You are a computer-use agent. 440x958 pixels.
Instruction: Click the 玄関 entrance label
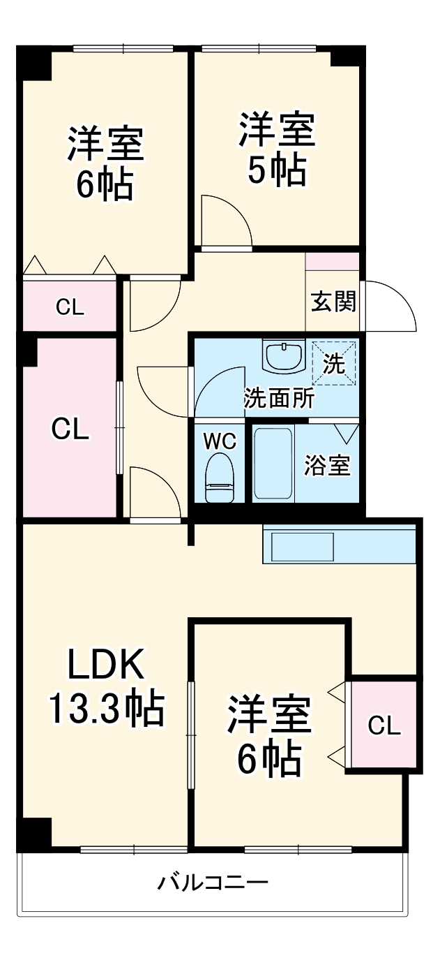[333, 302]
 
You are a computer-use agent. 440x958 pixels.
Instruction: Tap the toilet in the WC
[220, 478]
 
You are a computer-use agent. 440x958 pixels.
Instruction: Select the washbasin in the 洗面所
[284, 355]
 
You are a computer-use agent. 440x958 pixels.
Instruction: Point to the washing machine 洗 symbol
[333, 363]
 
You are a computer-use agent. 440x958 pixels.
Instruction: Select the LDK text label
[105, 665]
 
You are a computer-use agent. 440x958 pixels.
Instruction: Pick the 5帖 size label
[277, 169]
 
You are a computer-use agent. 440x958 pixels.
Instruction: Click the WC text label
[219, 441]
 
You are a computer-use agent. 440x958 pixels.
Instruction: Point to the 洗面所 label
[278, 399]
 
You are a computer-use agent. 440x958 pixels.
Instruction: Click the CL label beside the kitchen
[384, 726]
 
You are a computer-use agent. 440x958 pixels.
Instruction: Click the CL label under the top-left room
[70, 307]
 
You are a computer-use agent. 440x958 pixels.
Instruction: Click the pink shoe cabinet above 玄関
[333, 261]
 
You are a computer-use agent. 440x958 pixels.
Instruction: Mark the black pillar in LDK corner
[35, 834]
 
